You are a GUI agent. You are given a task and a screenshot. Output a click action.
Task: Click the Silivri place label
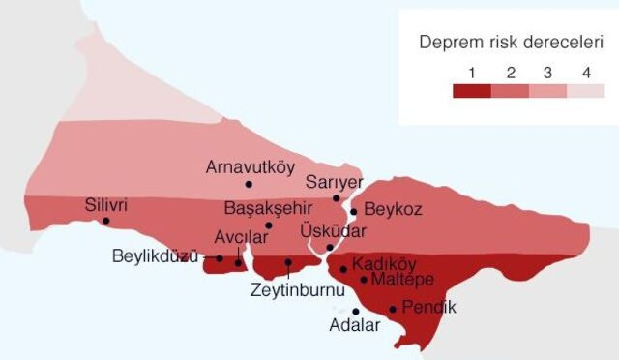[106, 205]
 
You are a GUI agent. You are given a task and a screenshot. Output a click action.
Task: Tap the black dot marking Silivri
[105, 221]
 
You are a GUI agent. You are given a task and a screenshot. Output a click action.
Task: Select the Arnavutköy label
[250, 166]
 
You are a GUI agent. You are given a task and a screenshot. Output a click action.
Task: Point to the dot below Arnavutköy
[249, 183]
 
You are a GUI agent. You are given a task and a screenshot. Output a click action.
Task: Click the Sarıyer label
[334, 181]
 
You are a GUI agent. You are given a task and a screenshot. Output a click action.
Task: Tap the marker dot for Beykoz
[354, 211]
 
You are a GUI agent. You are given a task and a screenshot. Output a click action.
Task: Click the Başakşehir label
[264, 208]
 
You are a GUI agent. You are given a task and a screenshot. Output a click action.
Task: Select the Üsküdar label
[333, 232]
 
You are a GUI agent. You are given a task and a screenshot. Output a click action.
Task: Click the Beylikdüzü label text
[155, 257]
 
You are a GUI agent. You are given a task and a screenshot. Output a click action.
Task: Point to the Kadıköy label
[384, 263]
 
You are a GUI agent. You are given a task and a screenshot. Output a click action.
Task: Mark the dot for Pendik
[393, 310]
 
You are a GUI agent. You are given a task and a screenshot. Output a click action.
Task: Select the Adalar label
[355, 326]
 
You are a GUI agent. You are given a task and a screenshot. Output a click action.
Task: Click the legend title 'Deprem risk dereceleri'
[511, 43]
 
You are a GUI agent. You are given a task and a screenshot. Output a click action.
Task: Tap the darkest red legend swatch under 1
[471, 91]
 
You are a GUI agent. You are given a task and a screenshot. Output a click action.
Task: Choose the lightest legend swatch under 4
[585, 91]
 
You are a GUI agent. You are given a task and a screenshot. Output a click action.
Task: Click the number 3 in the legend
[547, 73]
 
